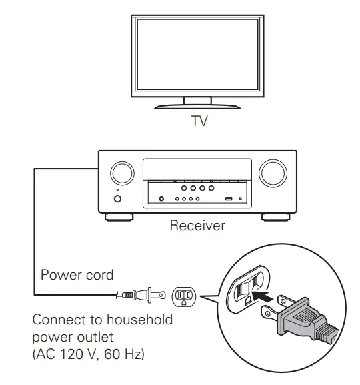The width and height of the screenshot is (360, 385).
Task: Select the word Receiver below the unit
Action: (197, 226)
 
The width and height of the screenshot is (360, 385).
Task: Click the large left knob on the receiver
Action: (121, 173)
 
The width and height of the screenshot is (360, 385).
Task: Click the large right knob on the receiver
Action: (272, 173)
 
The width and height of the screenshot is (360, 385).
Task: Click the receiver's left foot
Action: (119, 216)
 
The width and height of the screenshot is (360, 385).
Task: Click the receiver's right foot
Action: (275, 216)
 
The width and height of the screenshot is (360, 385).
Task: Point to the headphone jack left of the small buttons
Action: (160, 198)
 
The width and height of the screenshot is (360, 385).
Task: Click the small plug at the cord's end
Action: (143, 293)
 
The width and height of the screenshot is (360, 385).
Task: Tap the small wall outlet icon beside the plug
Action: (184, 294)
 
